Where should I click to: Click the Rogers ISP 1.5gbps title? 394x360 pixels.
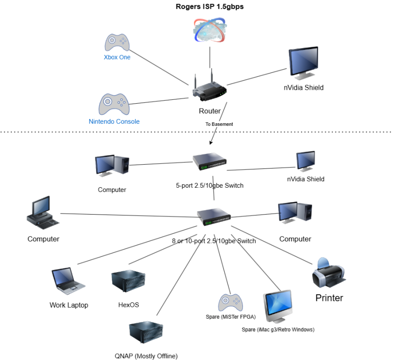click(x=209, y=7)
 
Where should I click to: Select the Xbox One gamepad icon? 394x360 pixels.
click(x=117, y=42)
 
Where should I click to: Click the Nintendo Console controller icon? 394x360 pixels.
click(x=114, y=104)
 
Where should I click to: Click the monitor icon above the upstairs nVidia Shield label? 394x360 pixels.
click(x=303, y=64)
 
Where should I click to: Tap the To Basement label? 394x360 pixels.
click(x=219, y=124)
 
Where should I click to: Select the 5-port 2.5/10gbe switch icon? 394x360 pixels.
click(x=209, y=162)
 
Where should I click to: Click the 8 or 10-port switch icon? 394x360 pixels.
click(x=214, y=217)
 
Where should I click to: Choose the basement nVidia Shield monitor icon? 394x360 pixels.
click(x=306, y=161)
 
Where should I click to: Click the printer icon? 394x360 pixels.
click(x=329, y=273)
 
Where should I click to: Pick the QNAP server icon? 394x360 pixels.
click(x=146, y=336)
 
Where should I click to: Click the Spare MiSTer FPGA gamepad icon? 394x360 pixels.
click(x=228, y=302)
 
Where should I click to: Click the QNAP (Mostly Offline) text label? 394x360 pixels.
click(x=146, y=356)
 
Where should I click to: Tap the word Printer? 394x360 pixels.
click(x=329, y=298)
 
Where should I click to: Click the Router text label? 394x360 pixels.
click(x=210, y=111)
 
